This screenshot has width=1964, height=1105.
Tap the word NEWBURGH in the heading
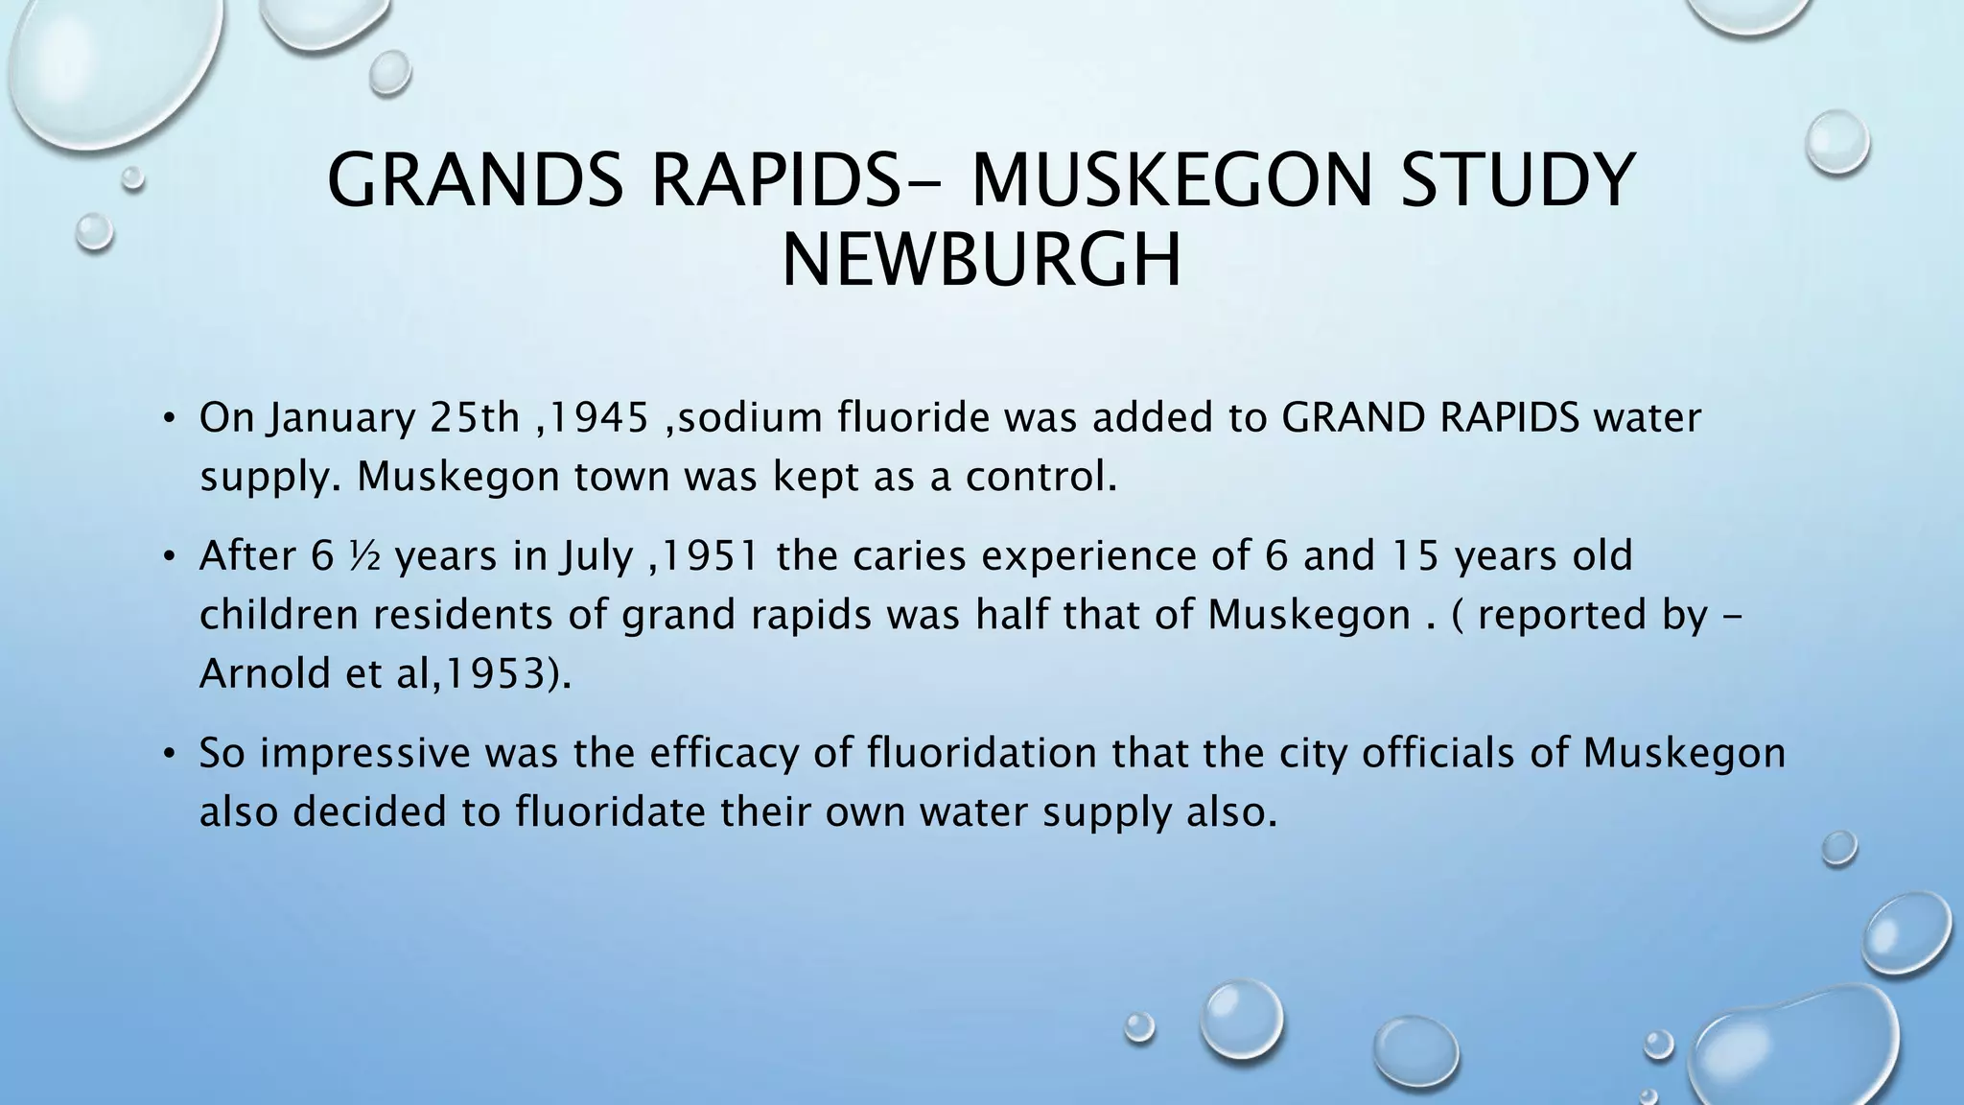point(981,261)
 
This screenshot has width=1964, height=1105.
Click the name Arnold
point(265,674)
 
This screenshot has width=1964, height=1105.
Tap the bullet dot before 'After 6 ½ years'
point(170,557)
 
